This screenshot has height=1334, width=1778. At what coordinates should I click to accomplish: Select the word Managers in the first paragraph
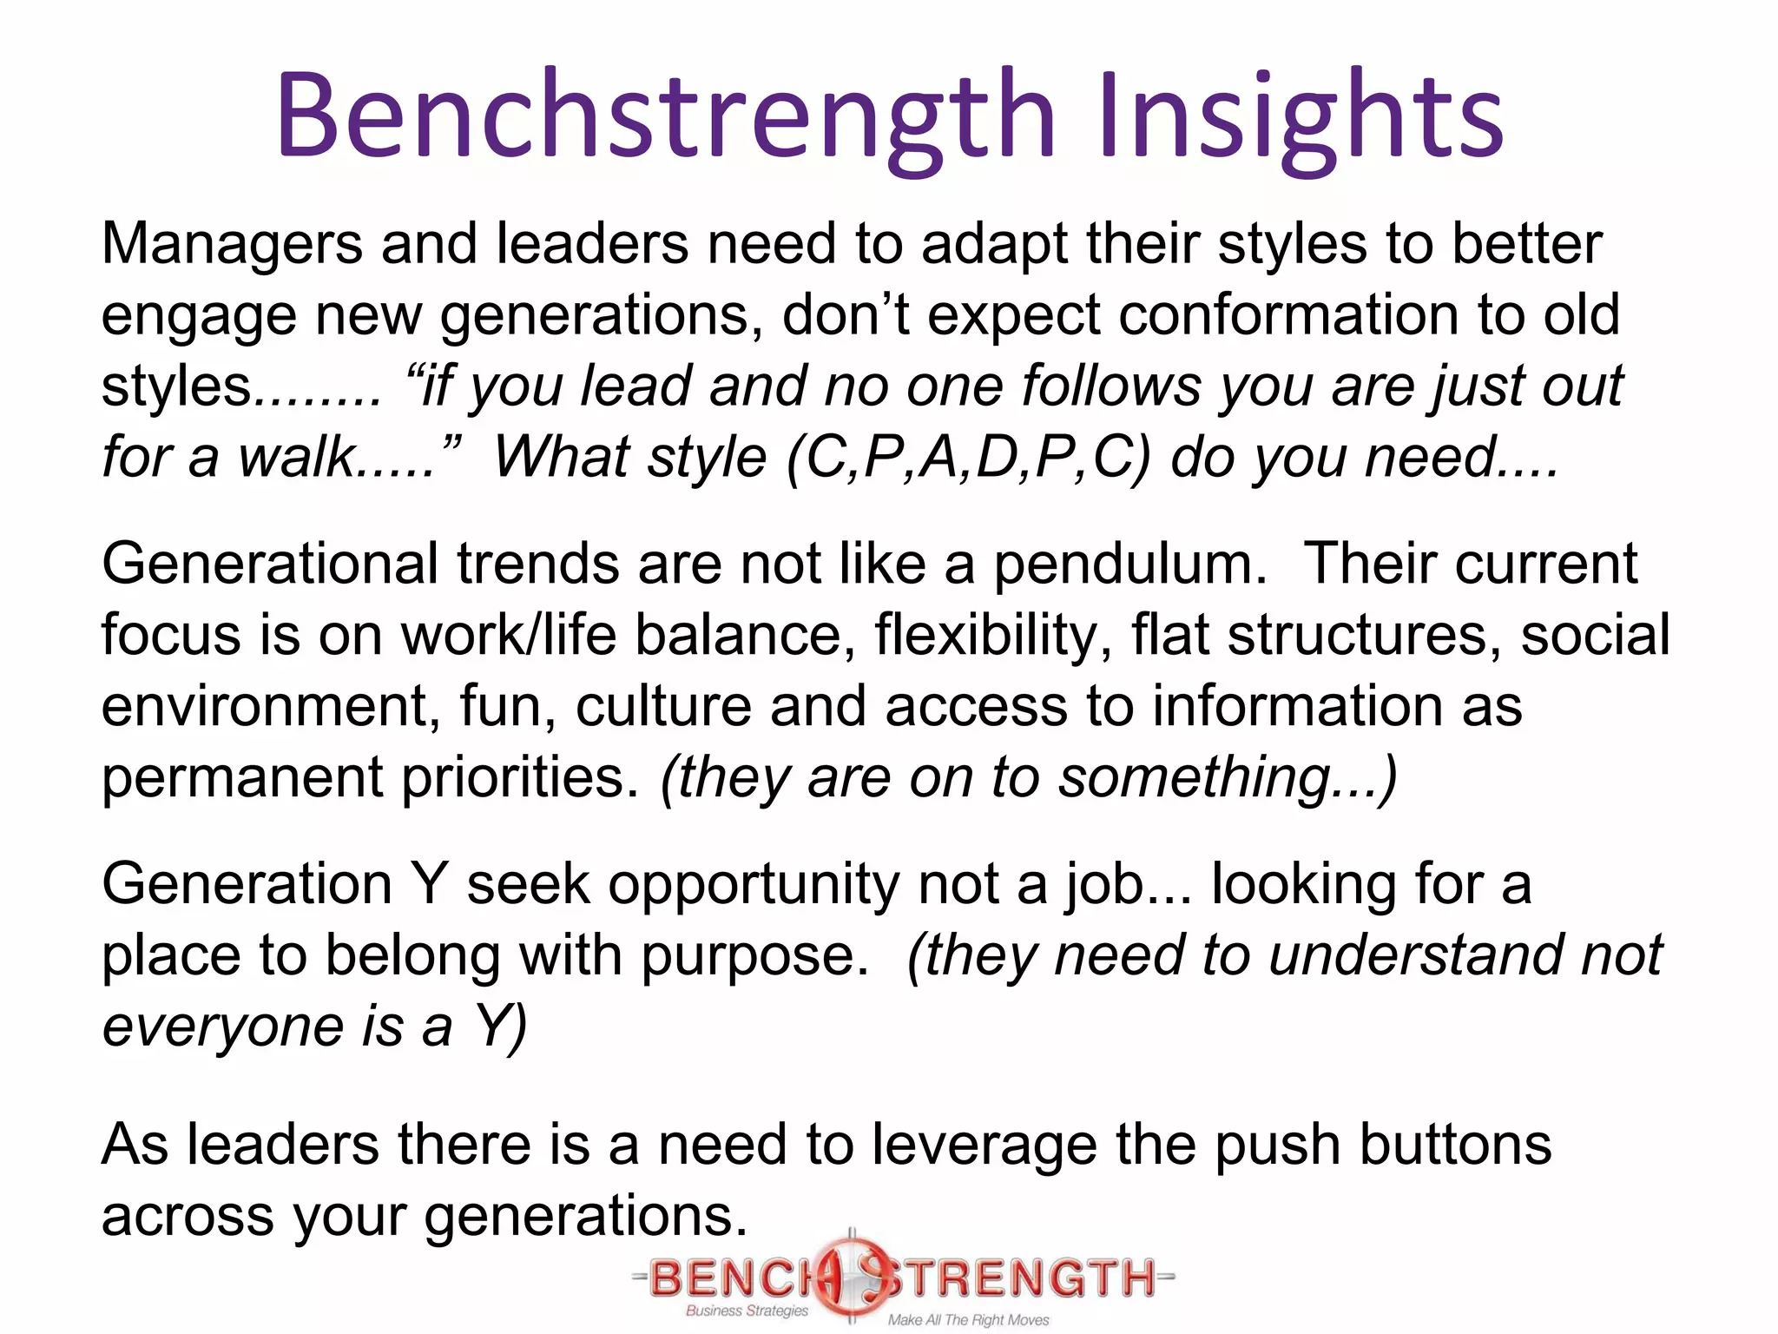232,244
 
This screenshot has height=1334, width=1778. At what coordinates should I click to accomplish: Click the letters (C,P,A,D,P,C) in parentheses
969,458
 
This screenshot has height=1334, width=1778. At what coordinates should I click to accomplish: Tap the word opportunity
754,885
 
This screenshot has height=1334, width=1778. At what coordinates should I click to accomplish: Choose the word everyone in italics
222,1027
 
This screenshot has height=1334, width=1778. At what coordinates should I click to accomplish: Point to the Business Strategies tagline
747,1311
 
